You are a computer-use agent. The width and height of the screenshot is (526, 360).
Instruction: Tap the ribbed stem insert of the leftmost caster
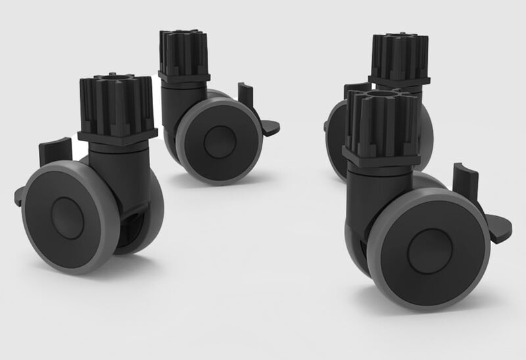click(x=116, y=104)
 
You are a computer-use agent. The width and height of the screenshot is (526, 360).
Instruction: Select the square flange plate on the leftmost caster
click(x=117, y=135)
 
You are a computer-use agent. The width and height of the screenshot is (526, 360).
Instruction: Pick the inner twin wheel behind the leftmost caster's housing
click(x=148, y=217)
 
